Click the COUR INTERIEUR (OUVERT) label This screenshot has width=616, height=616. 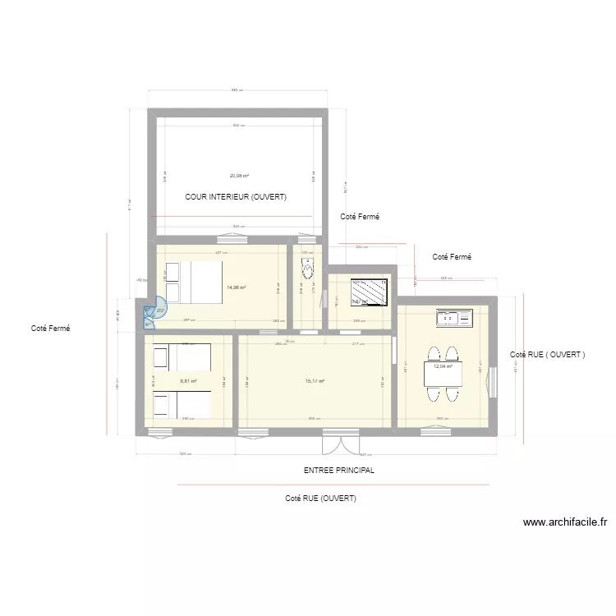pos(237,197)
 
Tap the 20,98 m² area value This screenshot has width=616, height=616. pos(239,175)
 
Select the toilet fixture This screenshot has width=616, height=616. pos(308,268)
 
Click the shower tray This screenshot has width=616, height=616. pos(369,291)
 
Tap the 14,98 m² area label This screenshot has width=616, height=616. pos(237,287)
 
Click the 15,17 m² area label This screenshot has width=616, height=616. pos(315,381)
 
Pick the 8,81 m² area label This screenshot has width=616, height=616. pos(188,381)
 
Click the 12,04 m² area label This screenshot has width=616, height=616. pos(443,366)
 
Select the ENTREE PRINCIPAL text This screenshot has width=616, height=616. pos(338,471)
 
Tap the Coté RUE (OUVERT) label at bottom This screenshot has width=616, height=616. pos(320,499)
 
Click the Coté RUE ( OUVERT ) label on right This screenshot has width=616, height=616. pos(547,355)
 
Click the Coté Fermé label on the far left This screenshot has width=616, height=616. pos(51,329)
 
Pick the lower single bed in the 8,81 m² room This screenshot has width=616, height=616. pos(182,405)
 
